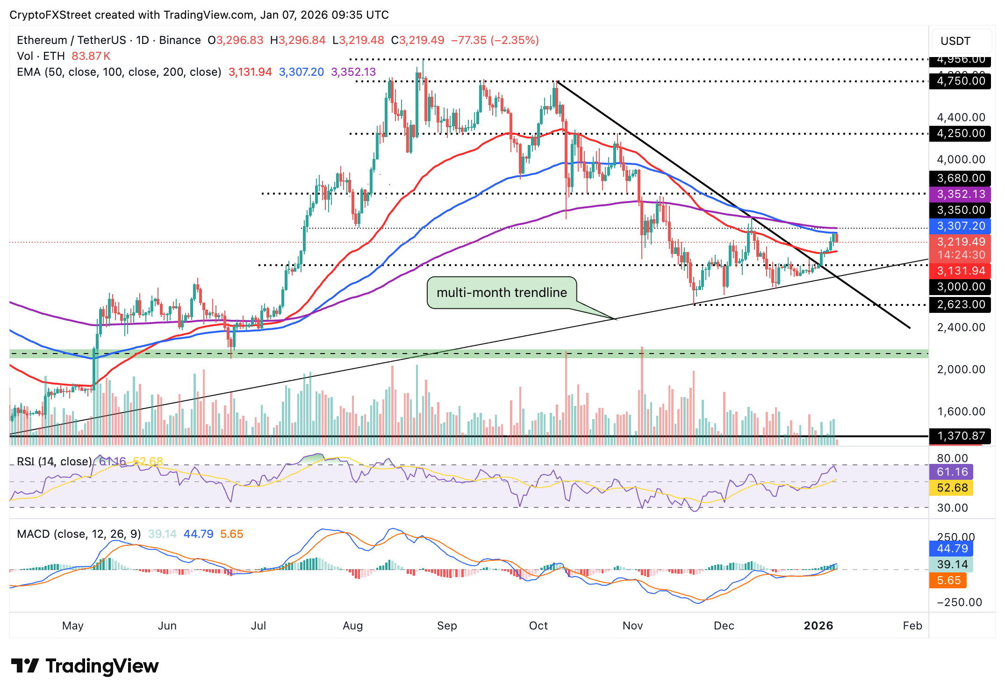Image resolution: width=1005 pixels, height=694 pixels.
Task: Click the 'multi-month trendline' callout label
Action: click(x=502, y=293)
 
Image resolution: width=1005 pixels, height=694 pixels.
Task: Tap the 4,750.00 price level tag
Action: click(x=960, y=81)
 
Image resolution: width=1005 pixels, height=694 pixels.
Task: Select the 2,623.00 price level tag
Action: click(x=960, y=304)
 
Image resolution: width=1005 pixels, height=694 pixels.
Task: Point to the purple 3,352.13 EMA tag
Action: click(x=960, y=194)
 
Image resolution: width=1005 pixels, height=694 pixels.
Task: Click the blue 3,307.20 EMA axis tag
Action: click(x=960, y=226)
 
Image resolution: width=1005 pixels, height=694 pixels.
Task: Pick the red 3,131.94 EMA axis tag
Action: click(x=960, y=271)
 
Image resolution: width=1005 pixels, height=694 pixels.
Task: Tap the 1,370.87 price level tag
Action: click(x=960, y=436)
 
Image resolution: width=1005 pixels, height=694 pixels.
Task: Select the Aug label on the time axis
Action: click(x=352, y=626)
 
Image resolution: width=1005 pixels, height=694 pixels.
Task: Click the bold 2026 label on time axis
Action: click(x=818, y=626)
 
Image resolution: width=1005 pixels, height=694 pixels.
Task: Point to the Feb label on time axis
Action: click(x=912, y=626)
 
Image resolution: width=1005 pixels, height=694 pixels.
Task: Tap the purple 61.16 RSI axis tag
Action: click(x=952, y=472)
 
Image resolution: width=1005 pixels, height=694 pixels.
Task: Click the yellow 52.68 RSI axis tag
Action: click(x=952, y=488)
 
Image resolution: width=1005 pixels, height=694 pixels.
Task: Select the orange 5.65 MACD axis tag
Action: click(x=948, y=580)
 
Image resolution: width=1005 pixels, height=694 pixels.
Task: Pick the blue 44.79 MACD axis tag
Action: click(x=952, y=549)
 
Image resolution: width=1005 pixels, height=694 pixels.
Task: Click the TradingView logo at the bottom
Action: click(x=85, y=666)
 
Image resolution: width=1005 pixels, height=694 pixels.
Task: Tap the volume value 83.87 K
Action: click(x=91, y=56)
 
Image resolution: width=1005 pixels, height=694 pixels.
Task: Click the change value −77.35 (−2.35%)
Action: click(x=495, y=40)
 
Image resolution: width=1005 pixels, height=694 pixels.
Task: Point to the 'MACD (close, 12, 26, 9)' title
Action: click(x=79, y=534)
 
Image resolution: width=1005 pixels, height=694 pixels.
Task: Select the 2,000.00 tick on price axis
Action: click(x=960, y=369)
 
